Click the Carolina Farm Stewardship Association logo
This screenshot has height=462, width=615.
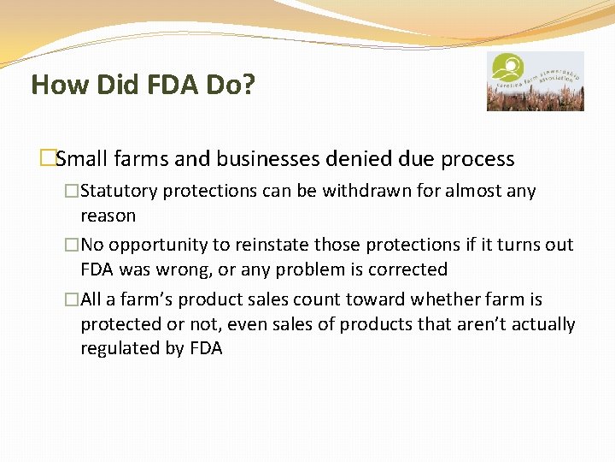click(535, 81)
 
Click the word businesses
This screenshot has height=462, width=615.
click(250, 159)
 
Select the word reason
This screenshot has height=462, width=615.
click(108, 215)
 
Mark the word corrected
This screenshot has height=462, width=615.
click(407, 269)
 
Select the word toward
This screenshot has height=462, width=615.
click(373, 299)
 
